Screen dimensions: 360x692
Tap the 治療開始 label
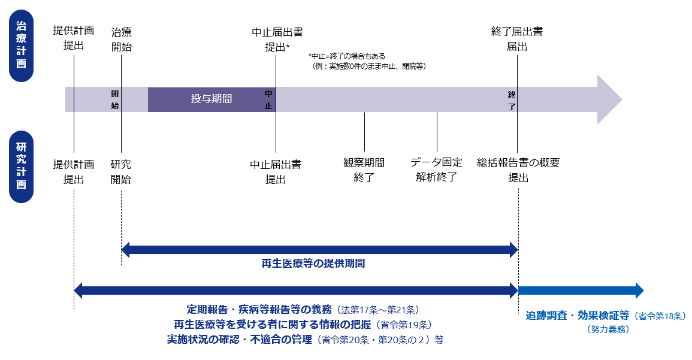[121, 39]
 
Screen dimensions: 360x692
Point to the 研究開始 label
[121, 171]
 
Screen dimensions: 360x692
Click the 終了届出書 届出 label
[516, 39]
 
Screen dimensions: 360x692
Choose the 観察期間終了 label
[364, 170]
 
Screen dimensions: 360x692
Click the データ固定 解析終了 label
[436, 170]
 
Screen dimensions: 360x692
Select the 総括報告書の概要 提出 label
[518, 170]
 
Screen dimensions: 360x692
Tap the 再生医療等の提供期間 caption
[313, 263]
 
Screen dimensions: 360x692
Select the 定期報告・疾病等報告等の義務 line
[303, 310]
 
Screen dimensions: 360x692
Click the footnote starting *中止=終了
[367, 61]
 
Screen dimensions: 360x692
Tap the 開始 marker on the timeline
[115, 99]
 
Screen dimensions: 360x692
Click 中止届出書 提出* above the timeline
[277, 39]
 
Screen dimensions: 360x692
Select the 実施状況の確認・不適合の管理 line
[305, 340]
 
